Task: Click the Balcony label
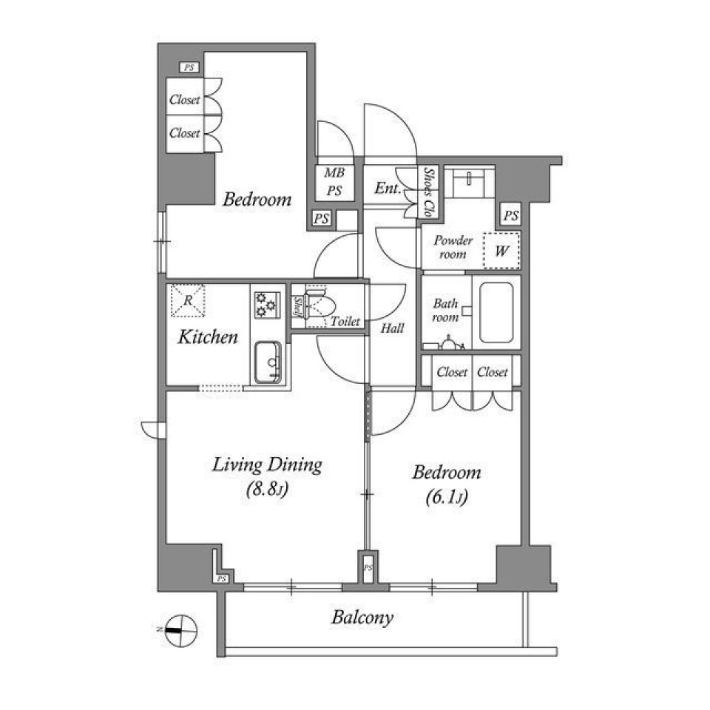[x=362, y=618]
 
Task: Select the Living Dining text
[x=267, y=465]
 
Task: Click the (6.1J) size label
[x=446, y=498]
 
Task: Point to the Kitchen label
[x=208, y=338]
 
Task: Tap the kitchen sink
[x=268, y=362]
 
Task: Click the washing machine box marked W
[x=501, y=251]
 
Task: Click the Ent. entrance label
[x=388, y=189]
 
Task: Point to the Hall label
[x=392, y=328]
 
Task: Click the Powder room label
[x=453, y=248]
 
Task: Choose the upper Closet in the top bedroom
[x=184, y=100]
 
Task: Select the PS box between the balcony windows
[x=367, y=567]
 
